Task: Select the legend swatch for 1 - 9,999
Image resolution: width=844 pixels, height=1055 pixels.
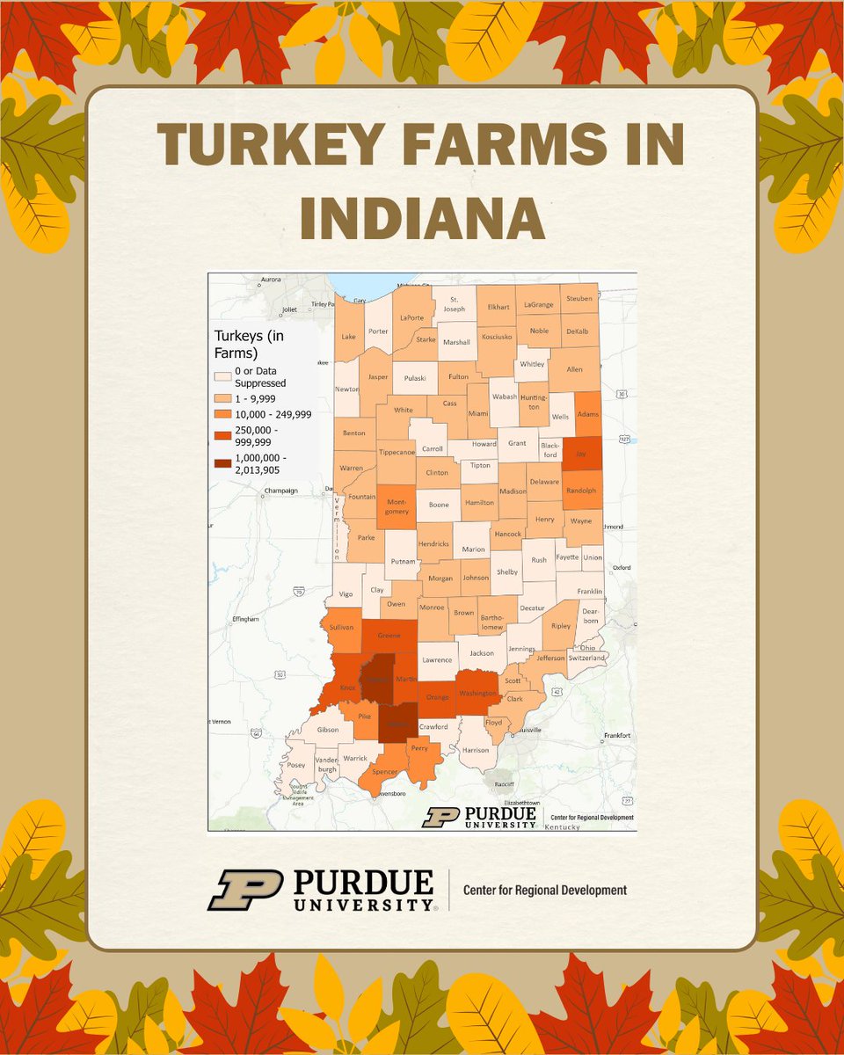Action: coord(223,398)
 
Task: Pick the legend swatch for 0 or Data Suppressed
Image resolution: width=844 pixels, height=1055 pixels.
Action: coord(223,376)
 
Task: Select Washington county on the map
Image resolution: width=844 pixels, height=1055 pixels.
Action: coord(479,693)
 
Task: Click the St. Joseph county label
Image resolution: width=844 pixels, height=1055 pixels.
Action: coord(455,303)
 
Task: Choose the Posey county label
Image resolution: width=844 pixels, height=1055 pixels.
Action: coord(296,765)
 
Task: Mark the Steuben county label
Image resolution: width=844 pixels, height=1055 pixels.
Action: coord(578,299)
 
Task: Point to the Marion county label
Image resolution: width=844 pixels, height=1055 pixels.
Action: coord(473,549)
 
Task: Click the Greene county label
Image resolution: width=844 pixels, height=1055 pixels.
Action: coord(389,635)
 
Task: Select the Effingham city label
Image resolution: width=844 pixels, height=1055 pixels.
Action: coord(245,619)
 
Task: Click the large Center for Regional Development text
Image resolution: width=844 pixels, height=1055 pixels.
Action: coord(545,890)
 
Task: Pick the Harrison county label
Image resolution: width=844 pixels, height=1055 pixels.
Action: coord(475,750)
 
